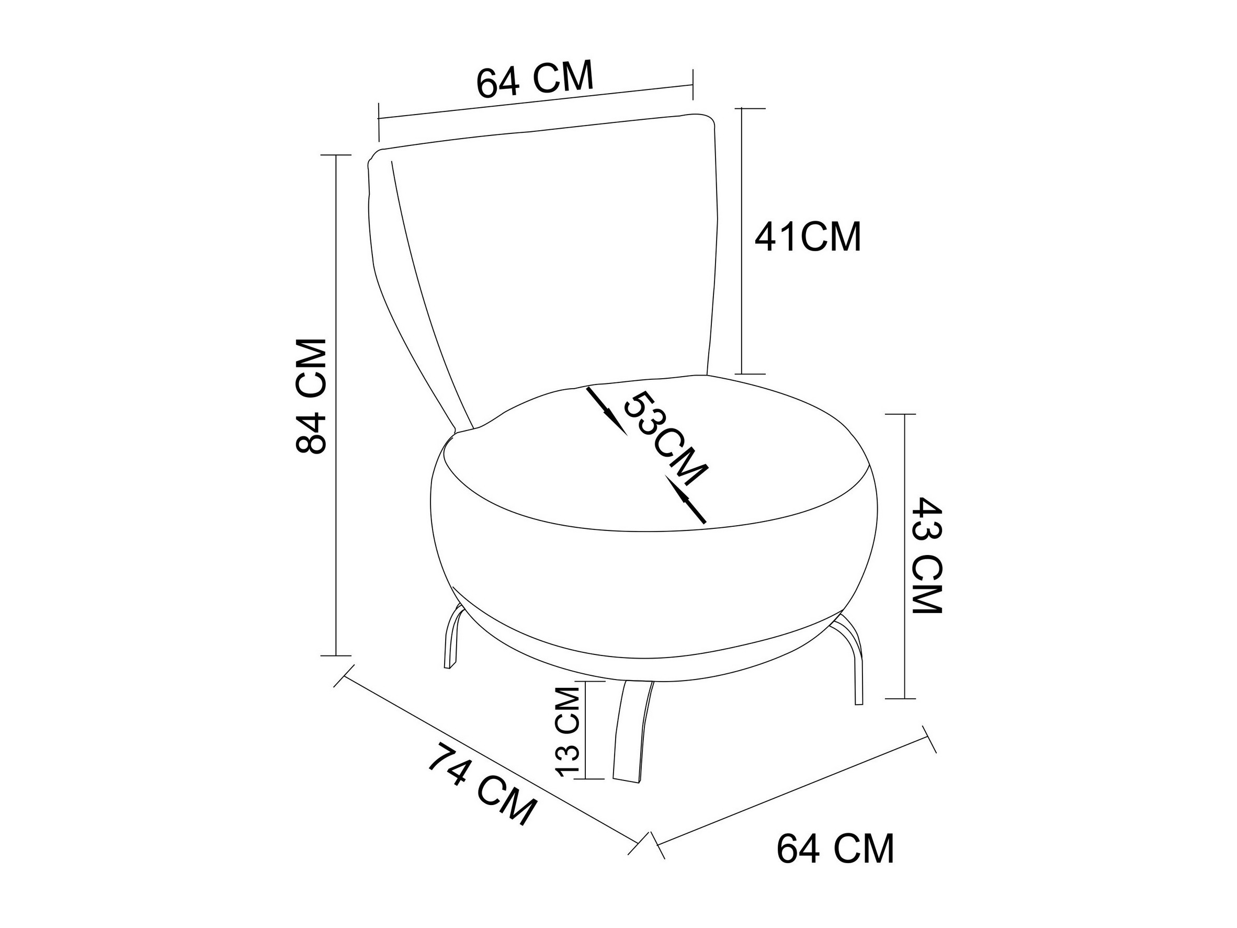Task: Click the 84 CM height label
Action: [x=310, y=395]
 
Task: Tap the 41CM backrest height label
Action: [x=808, y=237]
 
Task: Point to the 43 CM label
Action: [x=927, y=555]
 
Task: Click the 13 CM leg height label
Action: [x=570, y=731]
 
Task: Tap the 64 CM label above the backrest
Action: [x=534, y=79]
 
